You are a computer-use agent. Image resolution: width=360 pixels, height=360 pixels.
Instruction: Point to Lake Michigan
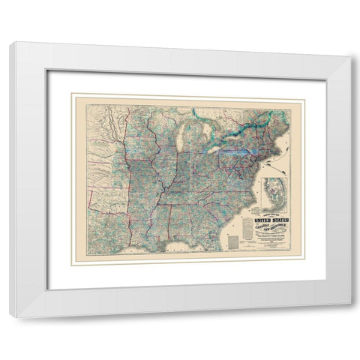(x=187, y=139)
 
